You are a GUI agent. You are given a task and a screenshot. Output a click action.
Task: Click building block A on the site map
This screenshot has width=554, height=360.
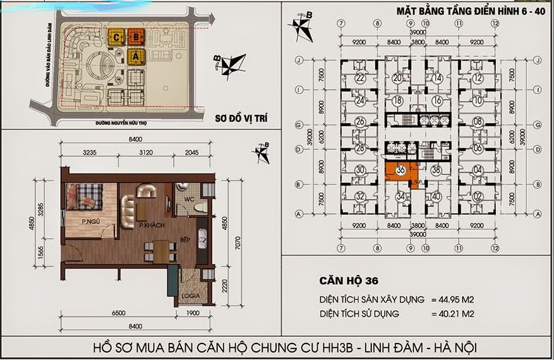(135, 56)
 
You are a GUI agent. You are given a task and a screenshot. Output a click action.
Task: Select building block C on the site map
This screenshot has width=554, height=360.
(117, 37)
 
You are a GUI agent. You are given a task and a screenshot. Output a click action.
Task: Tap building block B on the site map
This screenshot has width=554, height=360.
(136, 37)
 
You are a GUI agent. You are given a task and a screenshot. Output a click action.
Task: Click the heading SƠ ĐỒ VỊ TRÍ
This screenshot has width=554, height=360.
(233, 118)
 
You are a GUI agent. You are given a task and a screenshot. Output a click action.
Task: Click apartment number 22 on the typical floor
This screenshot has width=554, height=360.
(360, 78)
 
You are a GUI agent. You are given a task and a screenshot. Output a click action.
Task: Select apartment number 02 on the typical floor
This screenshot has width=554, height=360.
(478, 196)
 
